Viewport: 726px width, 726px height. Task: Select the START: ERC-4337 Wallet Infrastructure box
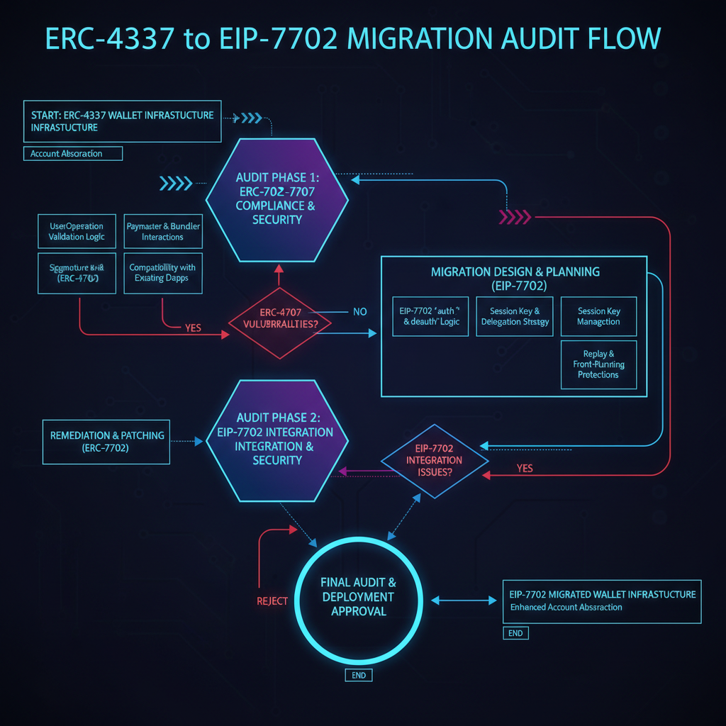(122, 121)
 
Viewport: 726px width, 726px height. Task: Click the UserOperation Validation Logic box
(77, 231)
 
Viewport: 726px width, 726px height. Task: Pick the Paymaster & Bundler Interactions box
(163, 231)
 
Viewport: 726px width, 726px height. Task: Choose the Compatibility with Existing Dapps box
(163, 273)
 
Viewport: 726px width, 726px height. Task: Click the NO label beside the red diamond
(359, 312)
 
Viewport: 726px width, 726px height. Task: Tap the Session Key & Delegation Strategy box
(515, 316)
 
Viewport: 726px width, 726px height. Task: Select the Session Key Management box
(598, 316)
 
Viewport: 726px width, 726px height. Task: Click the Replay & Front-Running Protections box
(598, 364)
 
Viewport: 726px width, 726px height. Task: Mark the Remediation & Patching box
(106, 442)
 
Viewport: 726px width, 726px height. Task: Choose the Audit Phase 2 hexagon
(277, 439)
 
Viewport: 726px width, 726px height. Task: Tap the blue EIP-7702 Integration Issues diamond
(435, 460)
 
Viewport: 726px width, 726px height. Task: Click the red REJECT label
(272, 601)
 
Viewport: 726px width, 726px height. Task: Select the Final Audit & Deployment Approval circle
(358, 596)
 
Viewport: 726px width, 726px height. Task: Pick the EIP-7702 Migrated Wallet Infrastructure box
(601, 600)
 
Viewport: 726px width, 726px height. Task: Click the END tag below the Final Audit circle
(359, 675)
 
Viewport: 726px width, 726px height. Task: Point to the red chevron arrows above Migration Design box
(515, 216)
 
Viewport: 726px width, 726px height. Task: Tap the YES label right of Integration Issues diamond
(525, 469)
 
